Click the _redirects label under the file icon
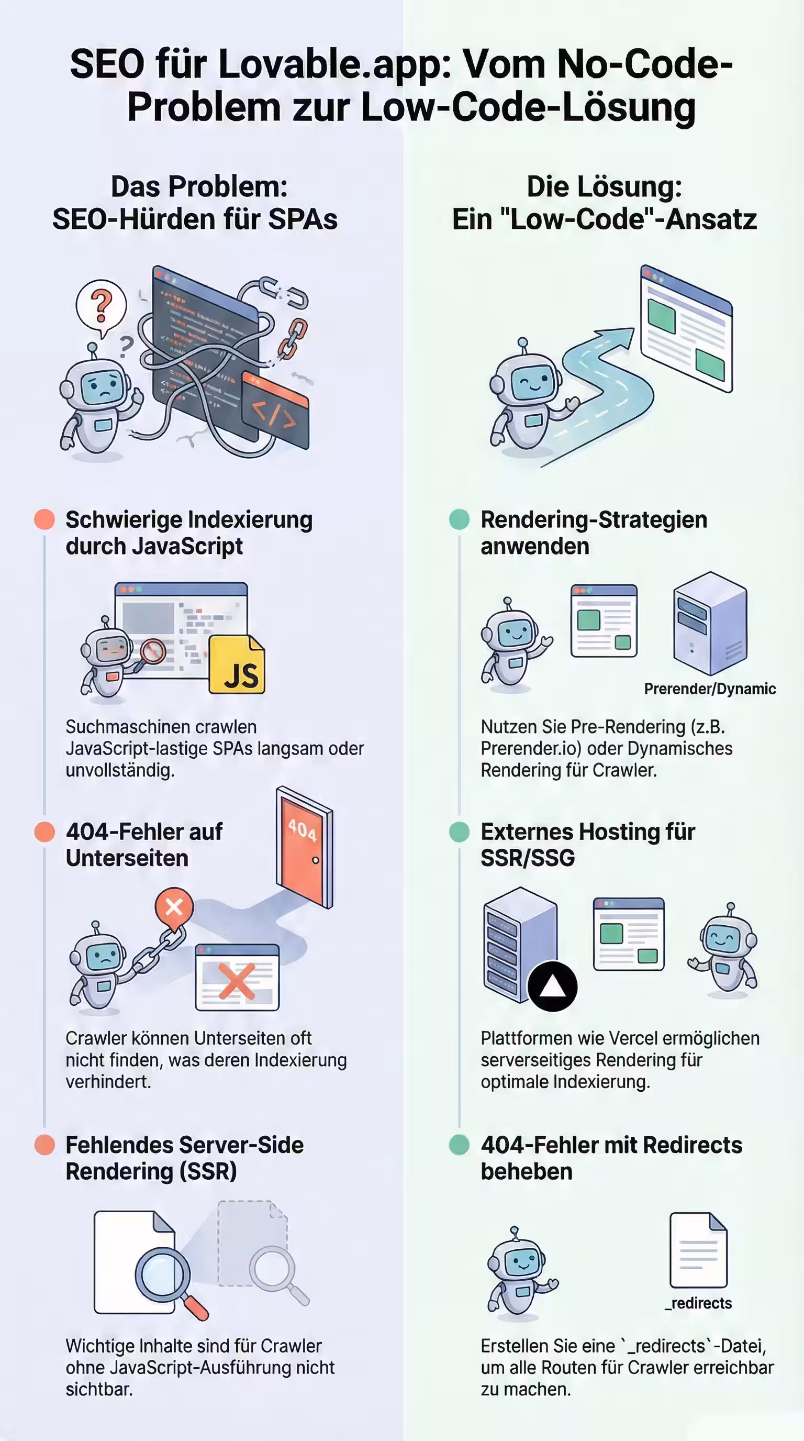[x=698, y=1303]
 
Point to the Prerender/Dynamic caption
[x=709, y=689]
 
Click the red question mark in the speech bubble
[x=101, y=306]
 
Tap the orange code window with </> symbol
[x=275, y=412]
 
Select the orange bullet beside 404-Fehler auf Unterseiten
[x=44, y=832]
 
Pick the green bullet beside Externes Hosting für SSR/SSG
[x=460, y=832]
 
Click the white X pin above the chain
[x=174, y=907]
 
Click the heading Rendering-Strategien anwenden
[x=593, y=533]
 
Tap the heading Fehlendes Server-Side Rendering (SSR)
[x=184, y=1158]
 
